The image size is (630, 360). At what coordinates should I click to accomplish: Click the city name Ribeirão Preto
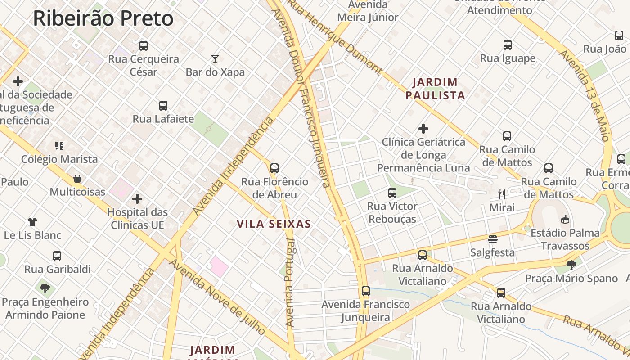click(x=103, y=19)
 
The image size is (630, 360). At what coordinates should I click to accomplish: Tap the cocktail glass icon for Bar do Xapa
click(x=215, y=58)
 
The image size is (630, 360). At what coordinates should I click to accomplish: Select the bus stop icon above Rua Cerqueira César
click(x=144, y=45)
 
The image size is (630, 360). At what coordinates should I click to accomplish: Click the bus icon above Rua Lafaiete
click(x=163, y=106)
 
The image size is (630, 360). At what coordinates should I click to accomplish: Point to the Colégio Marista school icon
click(x=59, y=145)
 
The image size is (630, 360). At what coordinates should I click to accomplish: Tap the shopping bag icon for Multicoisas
click(x=77, y=179)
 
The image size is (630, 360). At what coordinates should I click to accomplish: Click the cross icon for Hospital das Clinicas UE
click(x=137, y=199)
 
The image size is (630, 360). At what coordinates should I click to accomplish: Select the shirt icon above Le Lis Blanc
click(x=32, y=221)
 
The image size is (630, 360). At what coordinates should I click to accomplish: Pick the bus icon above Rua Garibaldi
click(x=57, y=256)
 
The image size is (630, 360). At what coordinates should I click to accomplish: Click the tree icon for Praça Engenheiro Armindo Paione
click(x=45, y=288)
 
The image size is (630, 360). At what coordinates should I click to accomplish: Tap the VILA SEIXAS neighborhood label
click(x=274, y=224)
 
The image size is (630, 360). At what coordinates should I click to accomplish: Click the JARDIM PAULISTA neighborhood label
click(x=435, y=89)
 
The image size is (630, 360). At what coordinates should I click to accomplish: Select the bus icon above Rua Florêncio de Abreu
click(x=274, y=168)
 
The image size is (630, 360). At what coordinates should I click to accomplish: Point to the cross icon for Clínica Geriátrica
click(x=423, y=129)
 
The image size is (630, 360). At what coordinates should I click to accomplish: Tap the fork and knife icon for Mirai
click(x=502, y=194)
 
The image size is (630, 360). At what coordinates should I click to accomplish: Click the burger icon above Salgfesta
click(x=493, y=239)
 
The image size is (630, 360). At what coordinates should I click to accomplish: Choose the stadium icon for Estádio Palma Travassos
click(x=565, y=220)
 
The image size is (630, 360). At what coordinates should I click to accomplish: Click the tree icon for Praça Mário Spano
click(x=571, y=265)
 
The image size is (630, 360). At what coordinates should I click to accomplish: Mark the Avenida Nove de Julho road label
click(x=217, y=297)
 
